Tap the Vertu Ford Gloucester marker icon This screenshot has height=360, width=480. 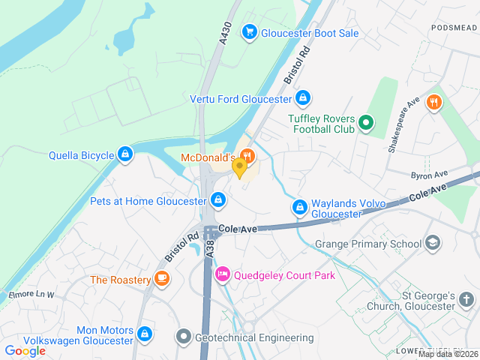(302, 97)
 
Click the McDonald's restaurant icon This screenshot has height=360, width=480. (248, 156)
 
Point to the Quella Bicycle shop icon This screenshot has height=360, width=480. (125, 155)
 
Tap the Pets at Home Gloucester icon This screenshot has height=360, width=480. (217, 199)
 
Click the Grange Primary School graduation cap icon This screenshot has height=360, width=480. (432, 243)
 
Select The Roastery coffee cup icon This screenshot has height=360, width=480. (161, 279)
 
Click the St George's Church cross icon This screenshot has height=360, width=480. (466, 300)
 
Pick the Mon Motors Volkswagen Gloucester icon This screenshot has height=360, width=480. (145, 332)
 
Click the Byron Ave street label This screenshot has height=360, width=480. (429, 175)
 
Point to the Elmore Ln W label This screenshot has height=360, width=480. (31, 295)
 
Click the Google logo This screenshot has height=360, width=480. (25, 350)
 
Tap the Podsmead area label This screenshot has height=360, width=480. (454, 27)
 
